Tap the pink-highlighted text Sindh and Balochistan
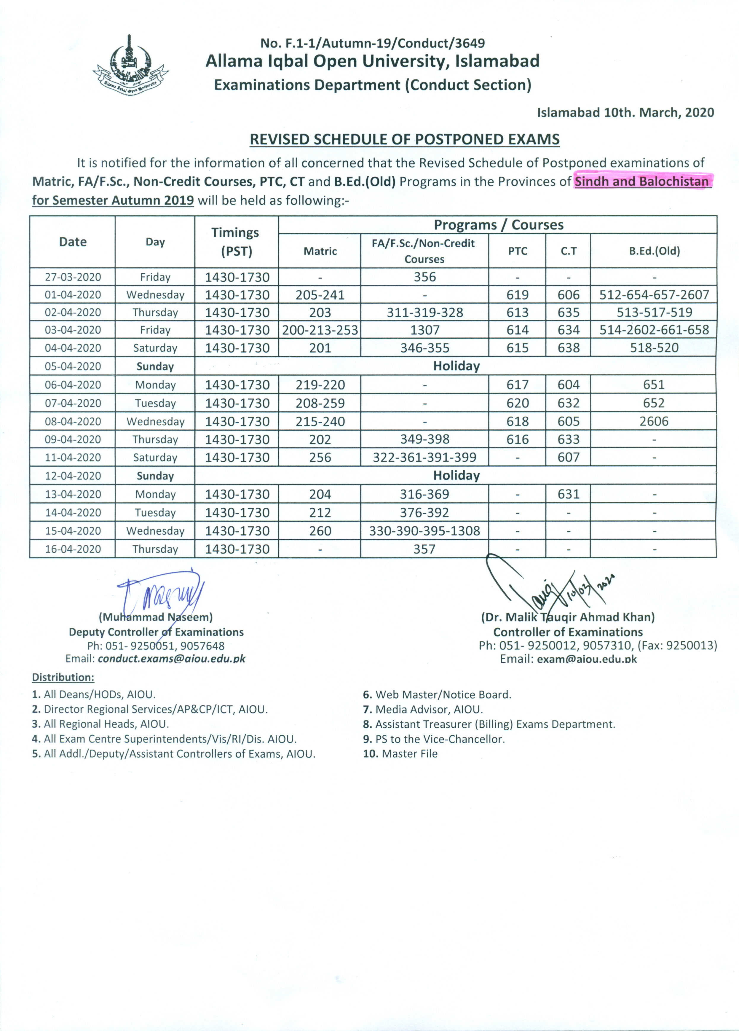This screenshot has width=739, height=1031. (642, 182)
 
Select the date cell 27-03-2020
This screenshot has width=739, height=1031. (73, 277)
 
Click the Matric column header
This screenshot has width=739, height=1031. (320, 251)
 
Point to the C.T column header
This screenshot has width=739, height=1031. (568, 251)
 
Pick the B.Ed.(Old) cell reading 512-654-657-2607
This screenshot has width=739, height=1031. (654, 294)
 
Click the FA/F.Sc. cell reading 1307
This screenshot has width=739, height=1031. (424, 330)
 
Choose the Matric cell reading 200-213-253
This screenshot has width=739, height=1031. (320, 330)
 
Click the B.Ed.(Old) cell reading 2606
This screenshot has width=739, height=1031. (654, 421)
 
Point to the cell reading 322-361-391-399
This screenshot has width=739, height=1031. (424, 457)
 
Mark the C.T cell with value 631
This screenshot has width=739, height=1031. (568, 494)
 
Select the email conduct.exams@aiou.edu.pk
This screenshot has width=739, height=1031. (171, 659)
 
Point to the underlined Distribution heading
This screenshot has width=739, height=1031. (63, 677)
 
